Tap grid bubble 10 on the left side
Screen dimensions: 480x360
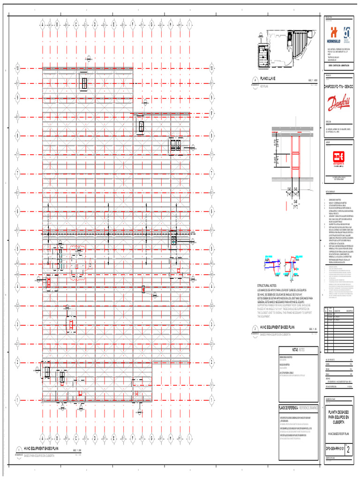point(18,68)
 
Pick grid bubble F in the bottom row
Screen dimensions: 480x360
point(133,439)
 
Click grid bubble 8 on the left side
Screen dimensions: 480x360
point(18,135)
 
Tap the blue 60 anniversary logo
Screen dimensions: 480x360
point(347,33)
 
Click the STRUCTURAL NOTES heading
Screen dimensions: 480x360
point(268,285)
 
